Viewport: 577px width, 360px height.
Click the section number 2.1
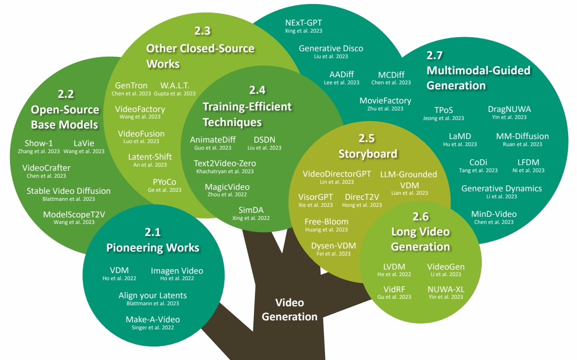[153, 232]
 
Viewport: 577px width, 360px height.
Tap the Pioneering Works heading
[153, 248]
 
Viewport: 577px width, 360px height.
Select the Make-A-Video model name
[153, 319]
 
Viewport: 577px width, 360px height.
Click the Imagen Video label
[177, 271]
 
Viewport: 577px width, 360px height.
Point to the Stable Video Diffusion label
[68, 191]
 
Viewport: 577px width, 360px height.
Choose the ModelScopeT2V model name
[75, 214]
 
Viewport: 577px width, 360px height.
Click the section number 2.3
[202, 31]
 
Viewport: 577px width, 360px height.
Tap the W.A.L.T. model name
[175, 85]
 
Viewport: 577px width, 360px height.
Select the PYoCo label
[165, 182]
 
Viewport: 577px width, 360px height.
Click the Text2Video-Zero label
[225, 163]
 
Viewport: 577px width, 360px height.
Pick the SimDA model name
[251, 210]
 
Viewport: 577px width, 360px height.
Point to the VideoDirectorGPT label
[337, 174]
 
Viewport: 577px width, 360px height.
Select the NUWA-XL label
[446, 289]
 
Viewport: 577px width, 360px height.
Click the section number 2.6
[420, 216]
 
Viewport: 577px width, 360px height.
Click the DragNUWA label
[509, 109]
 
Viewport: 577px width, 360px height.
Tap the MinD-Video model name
[494, 214]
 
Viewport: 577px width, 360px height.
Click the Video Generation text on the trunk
[290, 309]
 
